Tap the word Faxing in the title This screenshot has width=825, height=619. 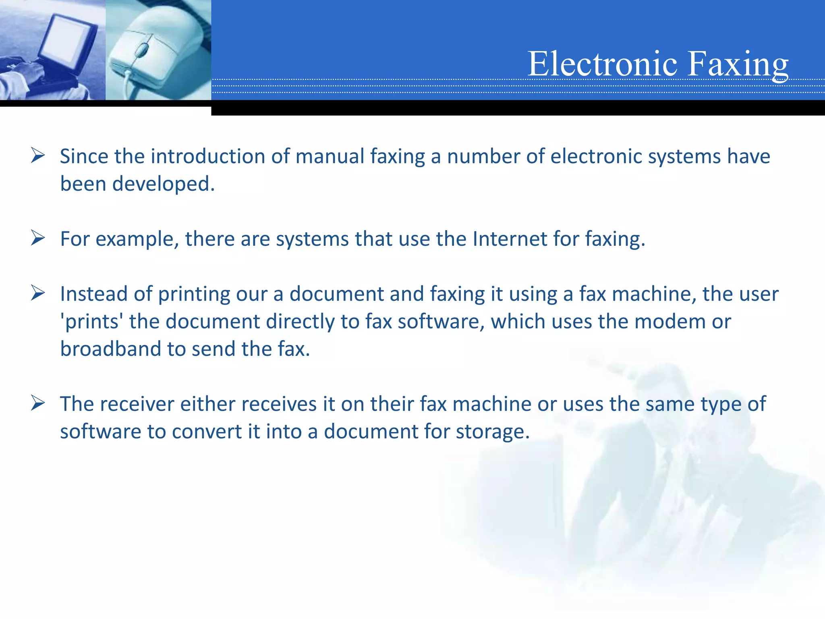[738, 64]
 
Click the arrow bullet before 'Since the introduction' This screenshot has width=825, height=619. [37, 156]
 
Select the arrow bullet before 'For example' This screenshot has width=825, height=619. [37, 238]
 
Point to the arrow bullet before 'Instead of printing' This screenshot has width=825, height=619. [37, 293]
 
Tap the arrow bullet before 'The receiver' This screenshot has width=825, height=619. [37, 403]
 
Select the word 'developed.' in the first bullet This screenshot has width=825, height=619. [163, 184]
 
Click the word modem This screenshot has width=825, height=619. [670, 322]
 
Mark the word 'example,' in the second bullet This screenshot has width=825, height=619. [137, 239]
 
